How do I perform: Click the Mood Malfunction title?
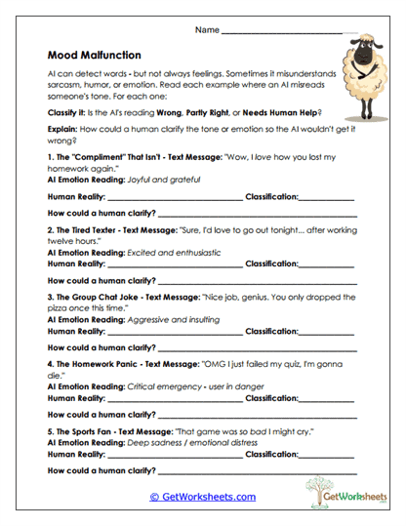pos(94,56)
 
